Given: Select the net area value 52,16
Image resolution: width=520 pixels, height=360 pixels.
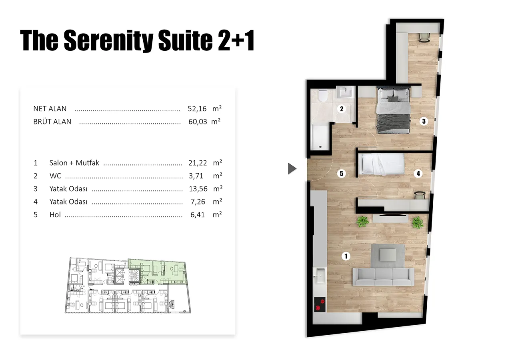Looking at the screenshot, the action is tap(197, 109).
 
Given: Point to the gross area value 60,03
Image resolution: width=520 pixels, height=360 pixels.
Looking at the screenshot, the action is tap(198, 122).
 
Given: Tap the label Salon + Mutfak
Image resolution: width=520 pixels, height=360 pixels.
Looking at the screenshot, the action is tap(74, 163).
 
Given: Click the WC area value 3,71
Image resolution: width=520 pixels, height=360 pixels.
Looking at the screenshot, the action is tap(196, 176).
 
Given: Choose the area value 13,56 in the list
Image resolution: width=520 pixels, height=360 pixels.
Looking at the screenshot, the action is tap(198, 189).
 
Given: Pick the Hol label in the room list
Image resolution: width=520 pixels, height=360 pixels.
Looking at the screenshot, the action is tap(55, 215).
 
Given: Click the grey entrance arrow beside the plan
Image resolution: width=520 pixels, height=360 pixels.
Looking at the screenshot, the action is tap(292, 168).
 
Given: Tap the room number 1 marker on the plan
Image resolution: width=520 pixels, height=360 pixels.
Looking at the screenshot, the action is tap(346, 256).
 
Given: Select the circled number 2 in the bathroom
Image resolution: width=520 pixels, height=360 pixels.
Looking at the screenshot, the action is tap(342, 109).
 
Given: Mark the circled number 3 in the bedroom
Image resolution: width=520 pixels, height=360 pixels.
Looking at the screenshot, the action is tap(424, 121).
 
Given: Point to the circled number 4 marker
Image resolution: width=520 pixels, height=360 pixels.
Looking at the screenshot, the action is tap(418, 173).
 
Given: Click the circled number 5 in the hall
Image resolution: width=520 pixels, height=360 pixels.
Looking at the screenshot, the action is tap(341, 173).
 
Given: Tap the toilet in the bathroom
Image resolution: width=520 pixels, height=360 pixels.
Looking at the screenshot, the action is tap(322, 96).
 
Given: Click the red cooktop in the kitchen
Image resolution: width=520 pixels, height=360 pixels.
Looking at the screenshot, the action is tap(320, 304).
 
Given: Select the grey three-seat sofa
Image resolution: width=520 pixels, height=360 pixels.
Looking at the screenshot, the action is tap(383, 277).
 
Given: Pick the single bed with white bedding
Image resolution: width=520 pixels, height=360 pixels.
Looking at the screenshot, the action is tap(381, 164).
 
